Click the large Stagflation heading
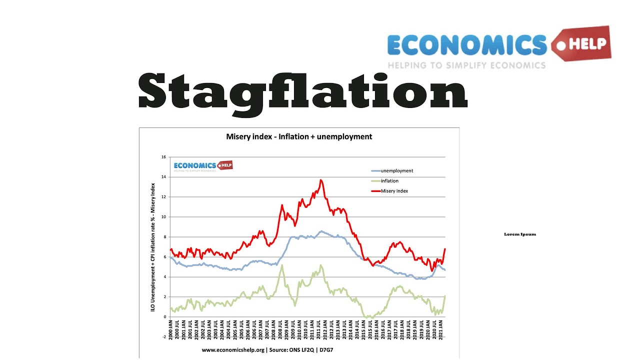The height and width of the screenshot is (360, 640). click(302, 91)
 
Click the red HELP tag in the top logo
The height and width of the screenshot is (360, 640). click(582, 43)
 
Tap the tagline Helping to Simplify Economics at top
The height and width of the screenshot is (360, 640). click(466, 65)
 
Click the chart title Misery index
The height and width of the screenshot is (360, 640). click(299, 136)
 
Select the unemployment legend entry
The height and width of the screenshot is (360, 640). click(396, 171)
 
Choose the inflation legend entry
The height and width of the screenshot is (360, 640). click(389, 181)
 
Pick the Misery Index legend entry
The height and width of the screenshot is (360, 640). click(394, 191)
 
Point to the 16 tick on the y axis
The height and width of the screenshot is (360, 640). click(163, 157)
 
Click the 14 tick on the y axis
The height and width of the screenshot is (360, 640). click(163, 177)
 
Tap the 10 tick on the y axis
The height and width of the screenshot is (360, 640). click(163, 217)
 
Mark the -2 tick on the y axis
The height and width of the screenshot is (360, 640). click(163, 337)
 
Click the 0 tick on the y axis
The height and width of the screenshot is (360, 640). click(164, 317)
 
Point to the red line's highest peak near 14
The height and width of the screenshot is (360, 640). click(320, 180)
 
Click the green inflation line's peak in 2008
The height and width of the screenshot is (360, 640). click(282, 265)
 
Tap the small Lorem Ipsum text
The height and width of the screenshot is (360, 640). click(520, 234)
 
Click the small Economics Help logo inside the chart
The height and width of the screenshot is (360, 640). click(203, 166)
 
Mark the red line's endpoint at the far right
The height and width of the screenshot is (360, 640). click(444, 249)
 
